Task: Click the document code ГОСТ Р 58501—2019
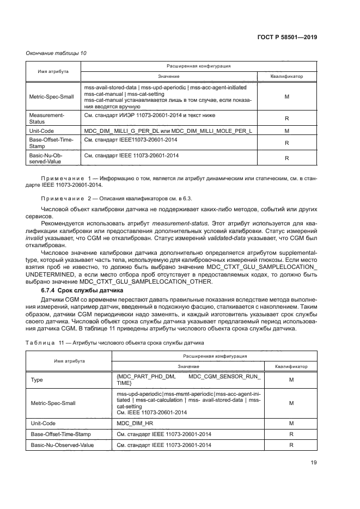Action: pyautogui.click(x=287, y=38)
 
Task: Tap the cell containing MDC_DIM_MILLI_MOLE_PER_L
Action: pyautogui.click(x=167, y=131)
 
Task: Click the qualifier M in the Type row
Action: pyautogui.click(x=291, y=381)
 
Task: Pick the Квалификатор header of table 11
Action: pyautogui.click(x=291, y=366)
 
